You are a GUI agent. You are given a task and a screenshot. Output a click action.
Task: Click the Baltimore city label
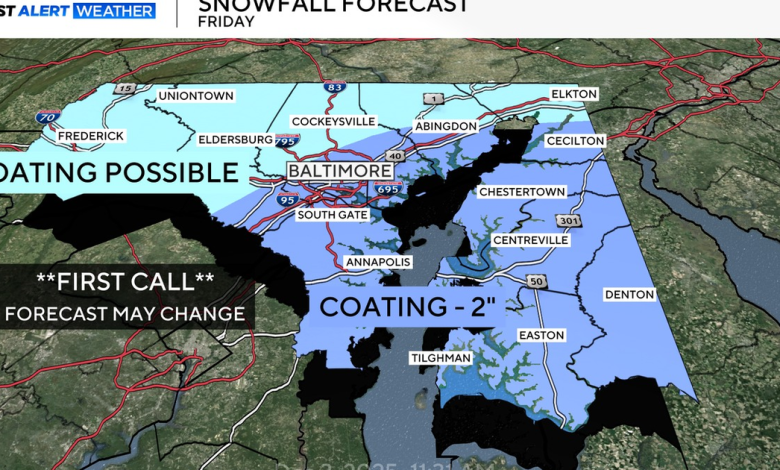click(340, 171)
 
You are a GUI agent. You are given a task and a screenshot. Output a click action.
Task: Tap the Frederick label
click(91, 135)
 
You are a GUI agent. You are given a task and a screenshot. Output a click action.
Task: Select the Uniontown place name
click(196, 96)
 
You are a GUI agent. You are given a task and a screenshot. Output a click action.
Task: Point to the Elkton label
click(574, 94)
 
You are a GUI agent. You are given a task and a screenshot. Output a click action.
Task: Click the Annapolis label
click(378, 262)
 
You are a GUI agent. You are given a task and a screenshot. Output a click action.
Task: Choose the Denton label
click(630, 294)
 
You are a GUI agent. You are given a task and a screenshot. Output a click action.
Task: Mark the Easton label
click(541, 335)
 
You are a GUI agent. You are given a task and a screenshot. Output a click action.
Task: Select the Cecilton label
click(575, 141)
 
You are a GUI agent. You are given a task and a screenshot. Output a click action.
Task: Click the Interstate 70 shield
click(46, 117)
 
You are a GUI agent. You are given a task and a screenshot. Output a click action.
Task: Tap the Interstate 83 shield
click(337, 88)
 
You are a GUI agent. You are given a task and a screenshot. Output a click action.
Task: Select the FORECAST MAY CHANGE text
click(125, 313)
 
